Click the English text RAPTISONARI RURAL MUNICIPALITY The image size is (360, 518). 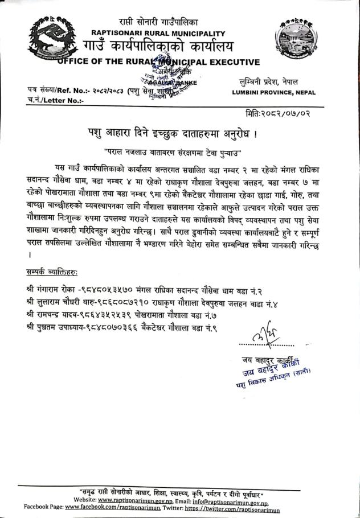pos(158,34)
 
